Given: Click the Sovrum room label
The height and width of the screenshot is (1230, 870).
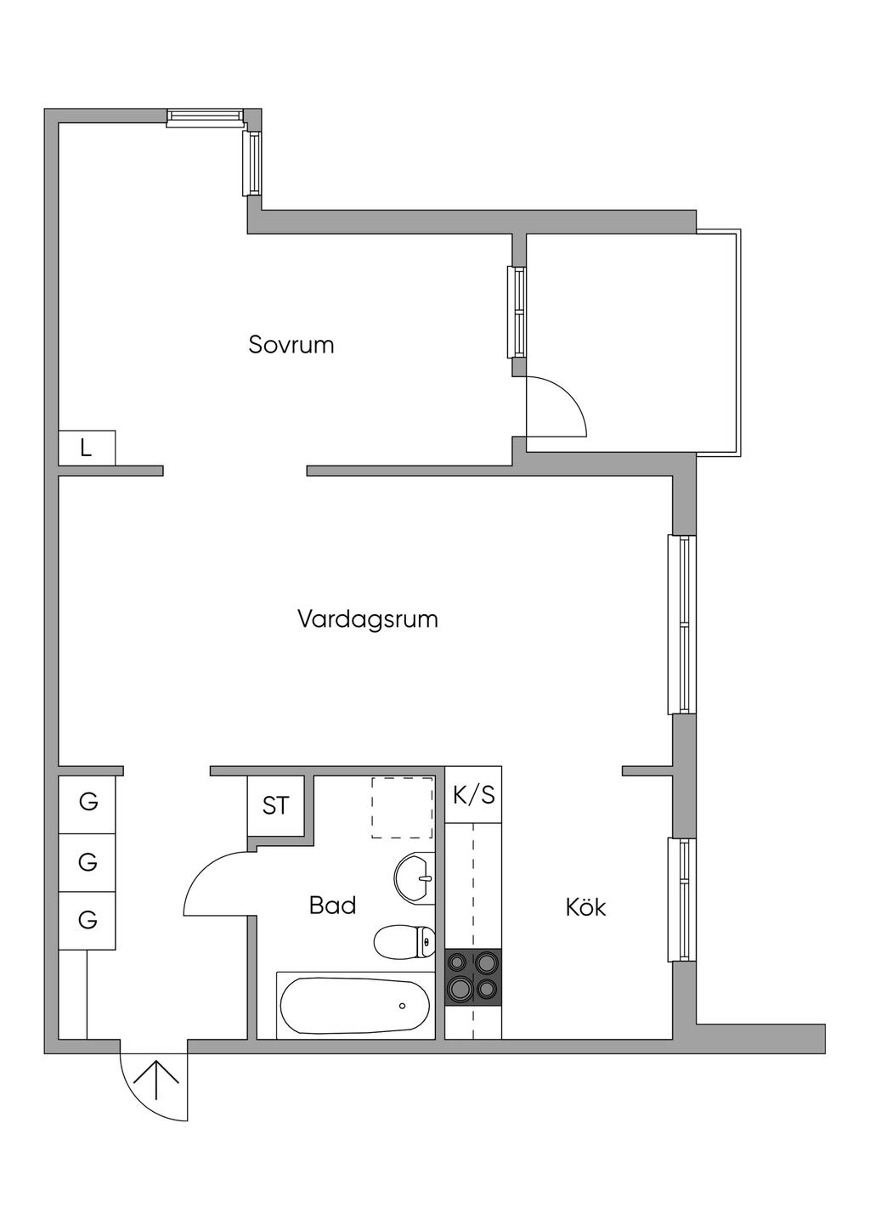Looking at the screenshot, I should pos(291,345).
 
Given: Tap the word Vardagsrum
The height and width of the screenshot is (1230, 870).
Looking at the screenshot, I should pos(367,618).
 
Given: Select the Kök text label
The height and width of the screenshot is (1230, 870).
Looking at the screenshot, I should pos(585,907).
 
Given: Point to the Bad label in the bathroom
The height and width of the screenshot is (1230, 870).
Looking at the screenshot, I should pos(332,906).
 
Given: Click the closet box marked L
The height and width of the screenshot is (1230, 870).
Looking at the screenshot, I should pos(86,448).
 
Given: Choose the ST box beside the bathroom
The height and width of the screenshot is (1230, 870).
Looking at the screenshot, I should pos(275,805).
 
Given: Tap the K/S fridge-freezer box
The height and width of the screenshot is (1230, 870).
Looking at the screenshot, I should pos(473,795).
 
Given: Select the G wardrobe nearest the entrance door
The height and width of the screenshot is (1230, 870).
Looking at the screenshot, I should pos(87,920).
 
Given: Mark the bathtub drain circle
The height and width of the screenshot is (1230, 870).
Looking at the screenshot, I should pos(402,1006).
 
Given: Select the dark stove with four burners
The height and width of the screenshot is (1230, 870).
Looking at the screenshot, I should pos(473,977).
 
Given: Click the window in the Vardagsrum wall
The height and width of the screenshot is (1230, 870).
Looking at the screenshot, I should pos(683,624).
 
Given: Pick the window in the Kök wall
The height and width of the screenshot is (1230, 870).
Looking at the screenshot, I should pos(683,900).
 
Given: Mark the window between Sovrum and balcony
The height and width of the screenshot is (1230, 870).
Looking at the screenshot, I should pos(517,312).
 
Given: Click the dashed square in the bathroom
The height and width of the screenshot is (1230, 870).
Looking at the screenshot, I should pos(402,808).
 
